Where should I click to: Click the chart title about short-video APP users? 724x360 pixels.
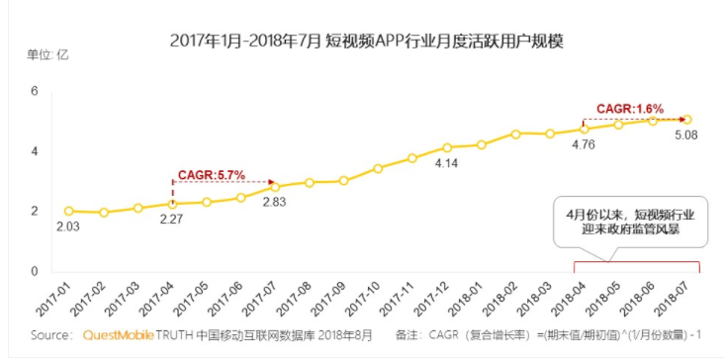pyautogui.click(x=367, y=42)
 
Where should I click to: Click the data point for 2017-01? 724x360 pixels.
pyautogui.click(x=69, y=211)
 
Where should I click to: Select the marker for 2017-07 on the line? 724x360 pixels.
pyautogui.click(x=275, y=187)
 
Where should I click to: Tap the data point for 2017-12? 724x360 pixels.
pyautogui.click(x=447, y=147)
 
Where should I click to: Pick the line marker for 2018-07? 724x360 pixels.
pyautogui.click(x=687, y=120)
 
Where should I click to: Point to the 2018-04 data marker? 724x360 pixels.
pyautogui.click(x=585, y=130)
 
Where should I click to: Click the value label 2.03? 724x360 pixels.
pyautogui.click(x=68, y=226)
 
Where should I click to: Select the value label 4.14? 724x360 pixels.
pyautogui.click(x=446, y=163)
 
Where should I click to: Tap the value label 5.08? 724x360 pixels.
pyautogui.click(x=685, y=135)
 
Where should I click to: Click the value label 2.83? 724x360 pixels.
pyautogui.click(x=274, y=202)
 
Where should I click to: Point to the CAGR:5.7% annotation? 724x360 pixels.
pyautogui.click(x=212, y=175)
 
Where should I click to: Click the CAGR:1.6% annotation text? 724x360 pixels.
pyautogui.click(x=630, y=109)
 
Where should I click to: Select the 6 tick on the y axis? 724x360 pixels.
pyautogui.click(x=35, y=92)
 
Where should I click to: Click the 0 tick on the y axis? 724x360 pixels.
pyautogui.click(x=35, y=271)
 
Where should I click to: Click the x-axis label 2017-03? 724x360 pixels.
pyautogui.click(x=125, y=298)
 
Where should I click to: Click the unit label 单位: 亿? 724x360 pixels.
pyautogui.click(x=47, y=55)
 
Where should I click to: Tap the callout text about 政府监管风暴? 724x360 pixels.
pyautogui.click(x=631, y=223)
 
